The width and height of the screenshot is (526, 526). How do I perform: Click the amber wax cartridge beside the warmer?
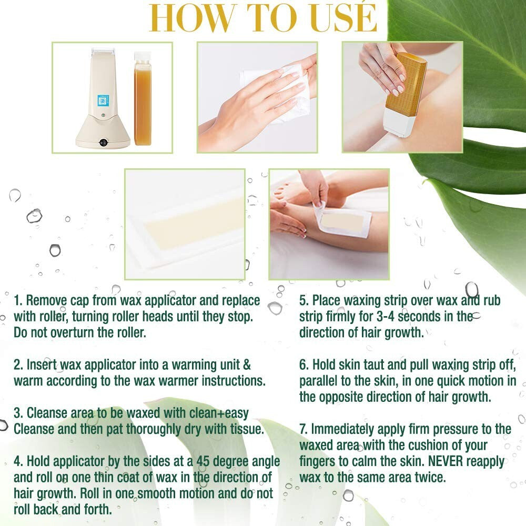(143, 98)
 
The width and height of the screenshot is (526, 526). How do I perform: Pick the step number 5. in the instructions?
(304, 301)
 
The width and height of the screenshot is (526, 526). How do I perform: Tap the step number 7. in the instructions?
(304, 429)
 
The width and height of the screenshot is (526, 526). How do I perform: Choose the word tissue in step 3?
(242, 430)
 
